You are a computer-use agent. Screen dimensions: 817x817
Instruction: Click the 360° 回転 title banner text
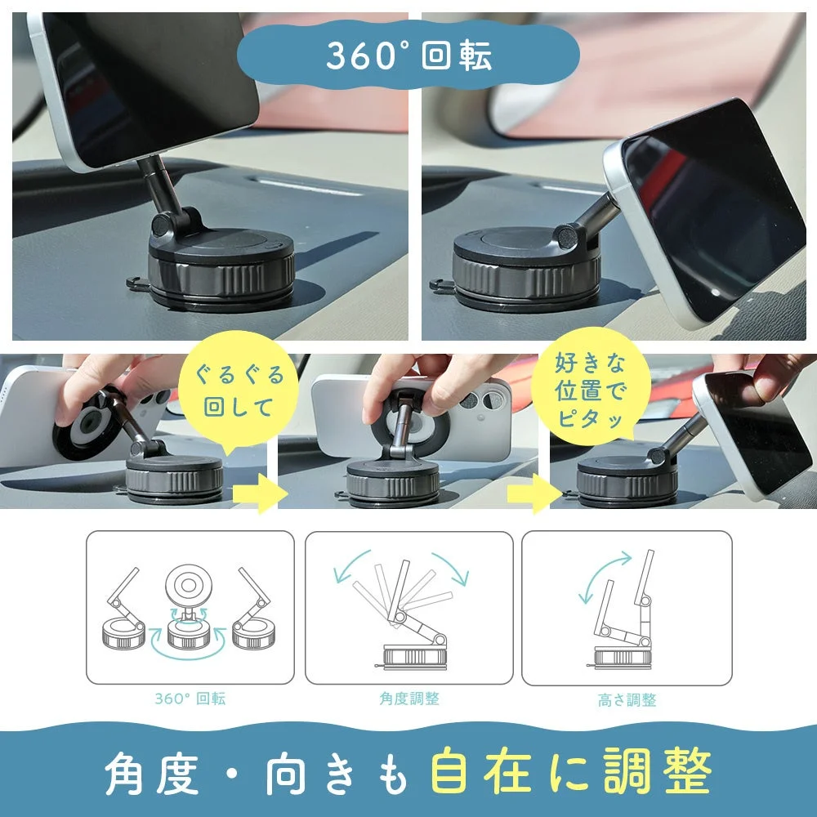[x=408, y=55]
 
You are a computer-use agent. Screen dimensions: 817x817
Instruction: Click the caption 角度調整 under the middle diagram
[x=408, y=699]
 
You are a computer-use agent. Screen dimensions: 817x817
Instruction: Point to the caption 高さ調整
[x=627, y=700]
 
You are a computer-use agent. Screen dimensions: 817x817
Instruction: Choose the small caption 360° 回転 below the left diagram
[x=190, y=699]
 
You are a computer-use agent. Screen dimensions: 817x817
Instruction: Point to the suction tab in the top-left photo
[x=136, y=283]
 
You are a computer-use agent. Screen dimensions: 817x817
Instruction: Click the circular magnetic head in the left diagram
[x=190, y=587]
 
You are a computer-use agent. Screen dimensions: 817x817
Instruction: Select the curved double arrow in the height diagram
[x=605, y=576]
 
